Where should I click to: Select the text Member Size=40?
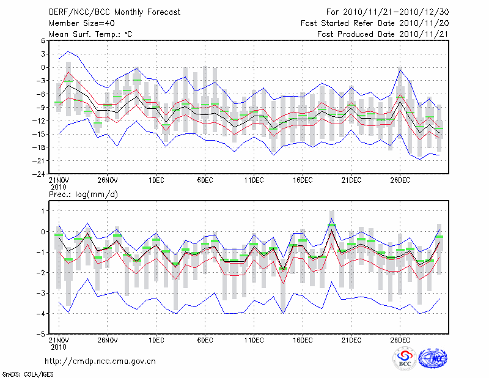(85, 23)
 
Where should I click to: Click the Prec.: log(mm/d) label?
(84, 195)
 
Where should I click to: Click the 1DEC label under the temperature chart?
(156, 180)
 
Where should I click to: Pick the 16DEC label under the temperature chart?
(303, 180)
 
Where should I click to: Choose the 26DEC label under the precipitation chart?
(400, 341)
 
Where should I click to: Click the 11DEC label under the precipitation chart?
(254, 341)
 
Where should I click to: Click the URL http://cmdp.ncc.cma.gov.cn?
(100, 361)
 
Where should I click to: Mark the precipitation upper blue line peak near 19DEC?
(332, 218)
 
